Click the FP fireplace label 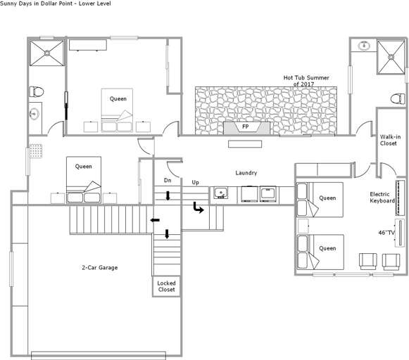click(246, 127)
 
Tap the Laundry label click(246, 173)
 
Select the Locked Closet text click(166, 286)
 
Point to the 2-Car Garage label click(100, 267)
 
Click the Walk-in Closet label click(390, 140)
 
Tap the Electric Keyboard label click(382, 198)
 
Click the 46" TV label click(386, 233)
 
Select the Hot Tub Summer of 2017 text click(306, 81)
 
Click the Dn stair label click(168, 180)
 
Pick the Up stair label click(196, 182)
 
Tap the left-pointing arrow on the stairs click(155, 220)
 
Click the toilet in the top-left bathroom click(37, 91)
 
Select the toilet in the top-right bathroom click(398, 98)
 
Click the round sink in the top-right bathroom click(364, 46)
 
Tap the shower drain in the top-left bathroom click(47, 53)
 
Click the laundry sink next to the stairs click(220, 193)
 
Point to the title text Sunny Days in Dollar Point click(37, 4)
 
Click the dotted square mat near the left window click(36, 151)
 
